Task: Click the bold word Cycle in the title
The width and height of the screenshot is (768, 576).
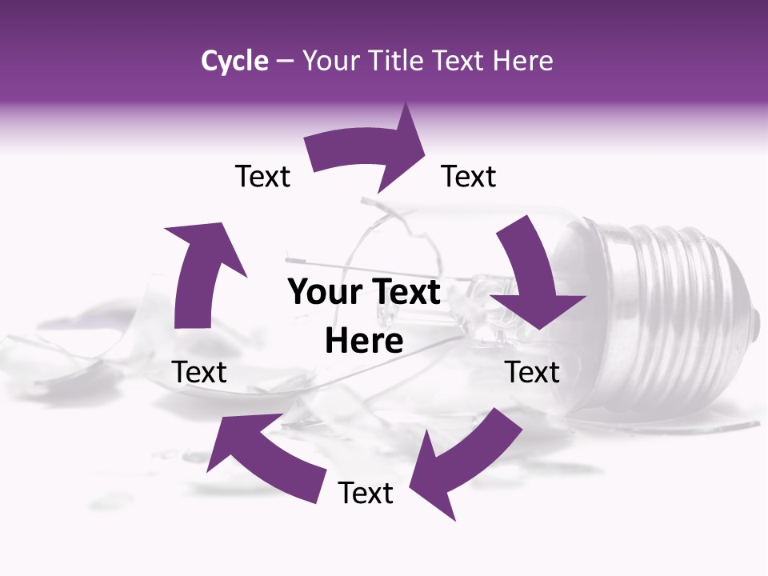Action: (234, 61)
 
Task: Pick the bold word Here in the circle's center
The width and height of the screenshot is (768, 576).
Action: (364, 342)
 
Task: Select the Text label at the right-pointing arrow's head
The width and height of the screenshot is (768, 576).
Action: (469, 177)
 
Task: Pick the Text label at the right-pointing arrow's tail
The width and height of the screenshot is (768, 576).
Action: (262, 177)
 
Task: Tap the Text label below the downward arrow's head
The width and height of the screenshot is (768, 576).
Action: (532, 372)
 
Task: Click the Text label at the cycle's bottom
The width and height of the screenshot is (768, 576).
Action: (366, 493)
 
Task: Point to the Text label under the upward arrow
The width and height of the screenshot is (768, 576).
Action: (199, 372)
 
